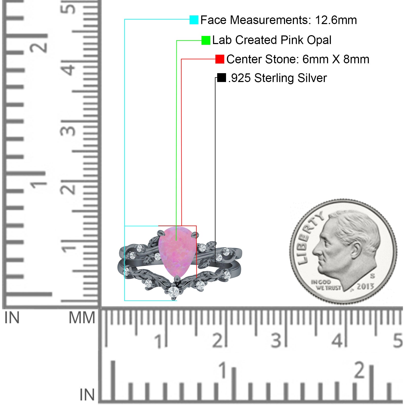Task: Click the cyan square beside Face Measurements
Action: (x=194, y=20)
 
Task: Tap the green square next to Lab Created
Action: (x=206, y=40)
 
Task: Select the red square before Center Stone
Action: (x=220, y=59)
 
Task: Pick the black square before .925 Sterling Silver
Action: (x=221, y=78)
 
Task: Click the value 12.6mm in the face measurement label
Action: (x=336, y=20)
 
